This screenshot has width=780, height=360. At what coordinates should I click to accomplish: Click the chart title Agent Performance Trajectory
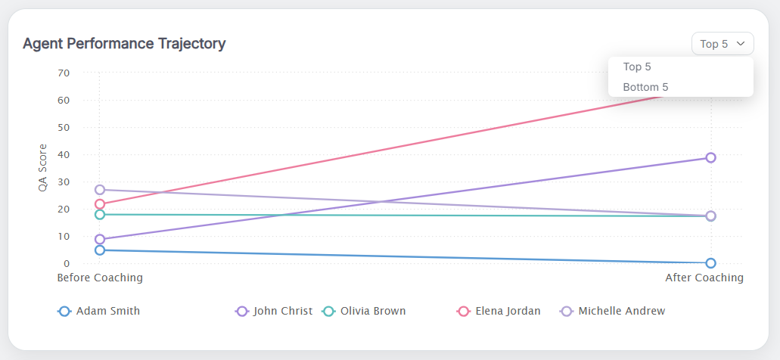click(x=124, y=44)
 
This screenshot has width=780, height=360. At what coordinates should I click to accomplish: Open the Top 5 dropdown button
click(x=722, y=44)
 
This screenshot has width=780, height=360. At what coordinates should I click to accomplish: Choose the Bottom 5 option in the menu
click(x=645, y=87)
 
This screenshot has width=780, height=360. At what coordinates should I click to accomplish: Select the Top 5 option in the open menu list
click(x=637, y=67)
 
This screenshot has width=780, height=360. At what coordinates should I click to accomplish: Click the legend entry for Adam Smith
click(x=99, y=311)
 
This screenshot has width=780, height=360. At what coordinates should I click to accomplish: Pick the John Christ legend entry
click(x=275, y=311)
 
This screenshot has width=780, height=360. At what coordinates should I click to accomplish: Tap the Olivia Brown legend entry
click(x=365, y=311)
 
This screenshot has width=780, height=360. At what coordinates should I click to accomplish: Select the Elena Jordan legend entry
click(x=499, y=311)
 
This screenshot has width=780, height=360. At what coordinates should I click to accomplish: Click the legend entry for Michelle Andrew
click(x=613, y=311)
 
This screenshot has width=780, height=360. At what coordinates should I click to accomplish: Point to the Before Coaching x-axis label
click(x=100, y=278)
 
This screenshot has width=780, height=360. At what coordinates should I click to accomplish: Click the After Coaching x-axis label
click(x=704, y=278)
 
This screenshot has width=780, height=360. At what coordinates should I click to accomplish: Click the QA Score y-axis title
click(x=42, y=168)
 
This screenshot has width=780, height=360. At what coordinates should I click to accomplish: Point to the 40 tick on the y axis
click(x=64, y=155)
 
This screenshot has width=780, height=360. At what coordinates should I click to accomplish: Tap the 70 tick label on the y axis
click(x=64, y=73)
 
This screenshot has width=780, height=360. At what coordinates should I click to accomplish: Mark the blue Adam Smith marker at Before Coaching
click(x=100, y=250)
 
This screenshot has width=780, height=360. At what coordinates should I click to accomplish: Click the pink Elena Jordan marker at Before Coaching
click(x=100, y=204)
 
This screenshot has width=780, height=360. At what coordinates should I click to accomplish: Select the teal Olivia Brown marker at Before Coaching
click(x=100, y=215)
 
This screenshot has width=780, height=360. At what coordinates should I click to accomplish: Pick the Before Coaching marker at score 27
click(x=100, y=190)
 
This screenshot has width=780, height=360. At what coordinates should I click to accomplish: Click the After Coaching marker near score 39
click(x=711, y=158)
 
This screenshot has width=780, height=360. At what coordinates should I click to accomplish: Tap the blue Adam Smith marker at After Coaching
click(x=711, y=263)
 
